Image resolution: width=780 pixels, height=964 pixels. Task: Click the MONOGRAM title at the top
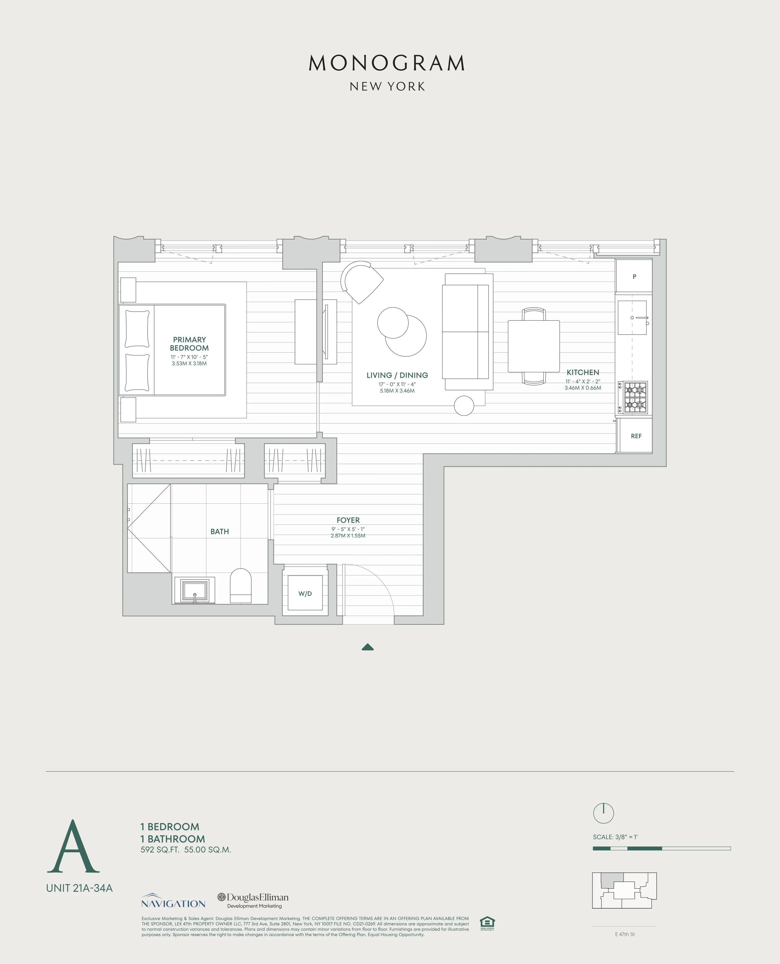click(x=387, y=63)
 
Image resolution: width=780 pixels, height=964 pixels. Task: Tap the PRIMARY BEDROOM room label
click(x=189, y=343)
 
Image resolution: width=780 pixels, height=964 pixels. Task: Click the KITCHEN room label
click(x=582, y=372)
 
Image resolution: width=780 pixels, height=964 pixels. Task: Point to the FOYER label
click(x=348, y=520)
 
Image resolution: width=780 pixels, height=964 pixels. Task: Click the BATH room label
click(x=219, y=531)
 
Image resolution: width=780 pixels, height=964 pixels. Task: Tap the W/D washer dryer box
click(x=305, y=593)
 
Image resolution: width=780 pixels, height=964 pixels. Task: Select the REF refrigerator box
click(x=635, y=435)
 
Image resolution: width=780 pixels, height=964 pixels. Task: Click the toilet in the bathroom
click(x=240, y=585)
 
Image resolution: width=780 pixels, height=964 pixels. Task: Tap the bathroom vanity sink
click(x=194, y=590)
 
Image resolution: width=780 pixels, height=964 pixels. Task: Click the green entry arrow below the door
click(x=368, y=647)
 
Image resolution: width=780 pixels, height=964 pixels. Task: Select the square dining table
click(x=533, y=346)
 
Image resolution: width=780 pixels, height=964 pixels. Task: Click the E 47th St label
click(x=625, y=934)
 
